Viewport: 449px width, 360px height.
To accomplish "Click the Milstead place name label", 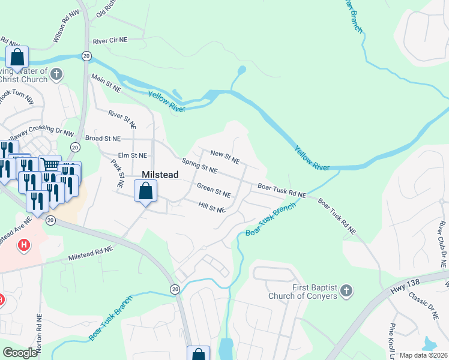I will [x=160, y=174].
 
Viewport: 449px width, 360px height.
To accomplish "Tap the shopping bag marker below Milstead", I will [x=146, y=192].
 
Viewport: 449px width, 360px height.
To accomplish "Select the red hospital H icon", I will [x=24, y=245].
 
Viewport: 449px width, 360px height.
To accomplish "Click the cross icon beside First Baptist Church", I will [x=346, y=292].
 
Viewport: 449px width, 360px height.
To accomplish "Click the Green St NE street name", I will [x=214, y=190].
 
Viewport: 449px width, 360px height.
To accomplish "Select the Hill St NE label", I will [x=211, y=207].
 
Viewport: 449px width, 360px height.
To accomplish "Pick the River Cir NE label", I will [x=110, y=41].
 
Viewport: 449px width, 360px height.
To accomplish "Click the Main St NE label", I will [x=106, y=83].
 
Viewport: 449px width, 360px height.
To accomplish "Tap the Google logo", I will [x=20, y=353].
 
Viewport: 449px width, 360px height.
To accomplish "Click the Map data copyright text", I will [x=424, y=355].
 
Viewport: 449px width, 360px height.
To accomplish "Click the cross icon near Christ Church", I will [x=57, y=75].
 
